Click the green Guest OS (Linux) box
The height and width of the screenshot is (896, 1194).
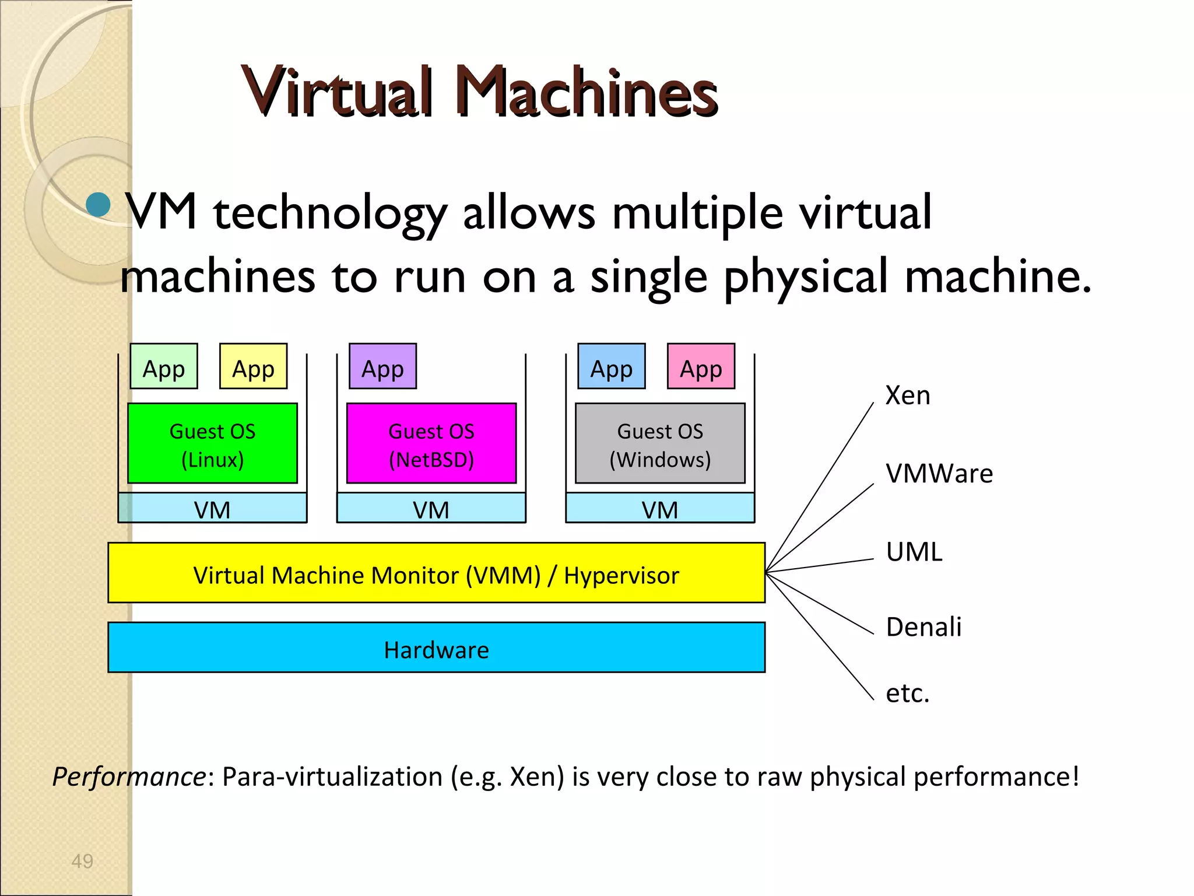point(212,443)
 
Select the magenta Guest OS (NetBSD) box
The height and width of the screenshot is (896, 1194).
point(431,443)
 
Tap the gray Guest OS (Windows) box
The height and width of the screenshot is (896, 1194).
point(660,443)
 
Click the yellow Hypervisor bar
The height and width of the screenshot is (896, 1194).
point(436,573)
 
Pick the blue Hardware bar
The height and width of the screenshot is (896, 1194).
point(436,647)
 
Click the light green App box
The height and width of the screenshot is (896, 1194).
point(164,366)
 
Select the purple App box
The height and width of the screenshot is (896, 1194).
point(382,366)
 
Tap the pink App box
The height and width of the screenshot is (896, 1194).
point(701,366)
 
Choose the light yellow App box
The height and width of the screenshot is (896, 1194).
point(253,366)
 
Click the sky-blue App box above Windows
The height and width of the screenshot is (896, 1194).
point(612,366)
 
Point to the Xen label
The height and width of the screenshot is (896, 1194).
point(908,395)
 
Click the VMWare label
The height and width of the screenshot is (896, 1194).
point(939,474)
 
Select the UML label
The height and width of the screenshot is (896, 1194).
point(914,552)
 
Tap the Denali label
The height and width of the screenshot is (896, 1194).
point(923,627)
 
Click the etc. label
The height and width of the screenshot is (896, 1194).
point(907,694)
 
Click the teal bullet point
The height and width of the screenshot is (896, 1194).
point(98,205)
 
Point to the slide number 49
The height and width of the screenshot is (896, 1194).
point(82,861)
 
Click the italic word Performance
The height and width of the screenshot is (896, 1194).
point(129,777)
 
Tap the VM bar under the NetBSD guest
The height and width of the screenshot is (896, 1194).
point(431,509)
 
